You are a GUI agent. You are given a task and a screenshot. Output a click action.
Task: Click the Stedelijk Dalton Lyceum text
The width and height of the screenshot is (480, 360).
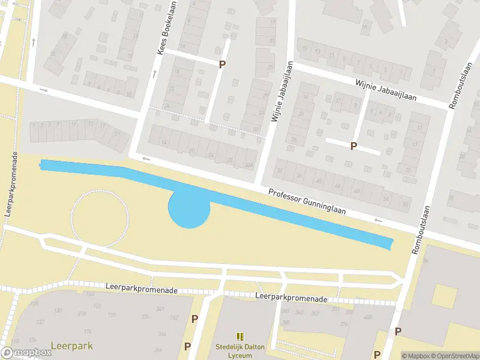(x=240, y=350)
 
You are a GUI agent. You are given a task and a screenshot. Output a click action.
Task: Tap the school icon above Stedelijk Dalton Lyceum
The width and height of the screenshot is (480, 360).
(x=240, y=337)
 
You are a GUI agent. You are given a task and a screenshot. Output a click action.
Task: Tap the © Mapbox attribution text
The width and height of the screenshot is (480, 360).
(x=416, y=356)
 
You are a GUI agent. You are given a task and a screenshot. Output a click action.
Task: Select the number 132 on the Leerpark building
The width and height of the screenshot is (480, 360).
(x=40, y=322)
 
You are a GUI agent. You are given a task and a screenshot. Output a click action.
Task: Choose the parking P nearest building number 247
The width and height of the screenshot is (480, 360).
(x=194, y=319)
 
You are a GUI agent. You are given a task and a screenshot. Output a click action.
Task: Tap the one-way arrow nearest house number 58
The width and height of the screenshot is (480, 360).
(x=378, y=220)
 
